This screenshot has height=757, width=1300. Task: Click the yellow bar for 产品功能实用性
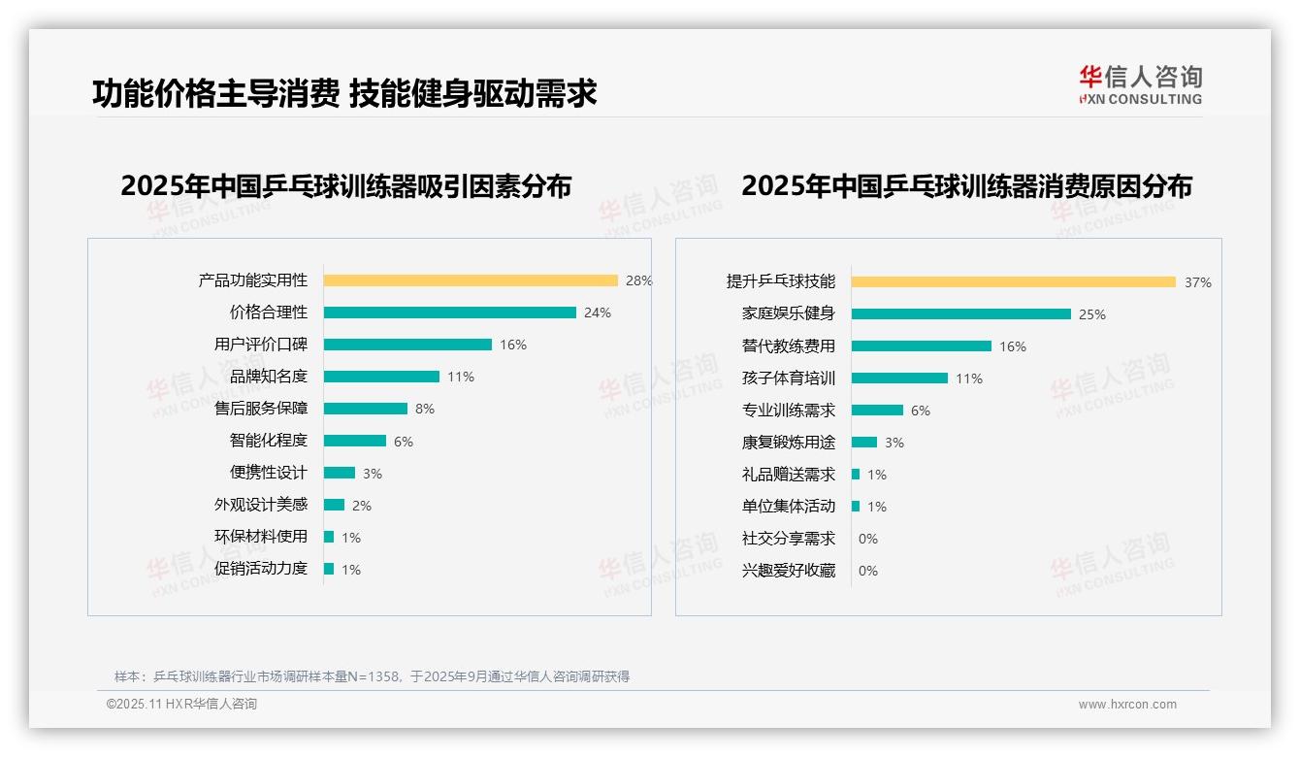[471, 280]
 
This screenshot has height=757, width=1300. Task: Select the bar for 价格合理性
[449, 313]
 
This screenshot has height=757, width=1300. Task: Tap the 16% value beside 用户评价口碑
[513, 345]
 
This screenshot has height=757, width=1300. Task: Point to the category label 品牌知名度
[269, 377]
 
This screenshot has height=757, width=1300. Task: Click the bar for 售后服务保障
[366, 409]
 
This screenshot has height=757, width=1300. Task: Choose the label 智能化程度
[269, 441]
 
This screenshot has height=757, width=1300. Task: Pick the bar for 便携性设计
[340, 473]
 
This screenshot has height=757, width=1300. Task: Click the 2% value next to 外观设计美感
[362, 506]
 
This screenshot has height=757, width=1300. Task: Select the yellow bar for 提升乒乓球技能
[1014, 282]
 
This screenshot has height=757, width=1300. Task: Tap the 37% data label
[1198, 283]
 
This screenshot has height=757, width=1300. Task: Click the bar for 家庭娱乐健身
[961, 314]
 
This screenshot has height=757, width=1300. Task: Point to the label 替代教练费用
[789, 346]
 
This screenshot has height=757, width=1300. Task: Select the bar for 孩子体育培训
[899, 378]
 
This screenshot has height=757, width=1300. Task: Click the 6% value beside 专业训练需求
[921, 411]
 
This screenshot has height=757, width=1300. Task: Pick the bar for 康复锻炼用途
[864, 443]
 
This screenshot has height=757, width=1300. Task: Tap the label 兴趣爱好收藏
[789, 571]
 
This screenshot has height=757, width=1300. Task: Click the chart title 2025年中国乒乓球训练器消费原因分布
[966, 185]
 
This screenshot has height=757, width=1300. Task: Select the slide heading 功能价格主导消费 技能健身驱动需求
[344, 93]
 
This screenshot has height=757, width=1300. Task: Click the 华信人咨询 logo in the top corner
[1141, 85]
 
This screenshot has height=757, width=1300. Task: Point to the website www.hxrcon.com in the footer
[1127, 705]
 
